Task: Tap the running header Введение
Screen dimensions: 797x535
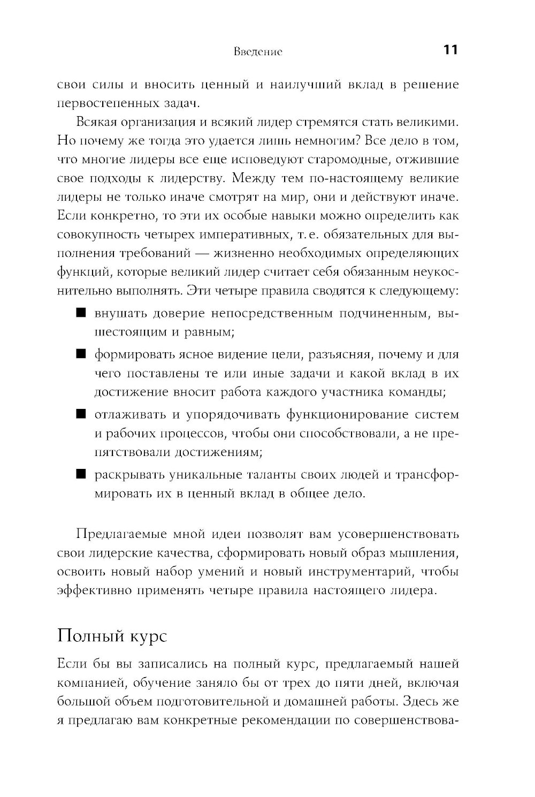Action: [x=258, y=52]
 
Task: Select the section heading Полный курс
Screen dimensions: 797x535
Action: [x=112, y=636]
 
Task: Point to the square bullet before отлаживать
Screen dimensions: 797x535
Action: [x=81, y=414]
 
